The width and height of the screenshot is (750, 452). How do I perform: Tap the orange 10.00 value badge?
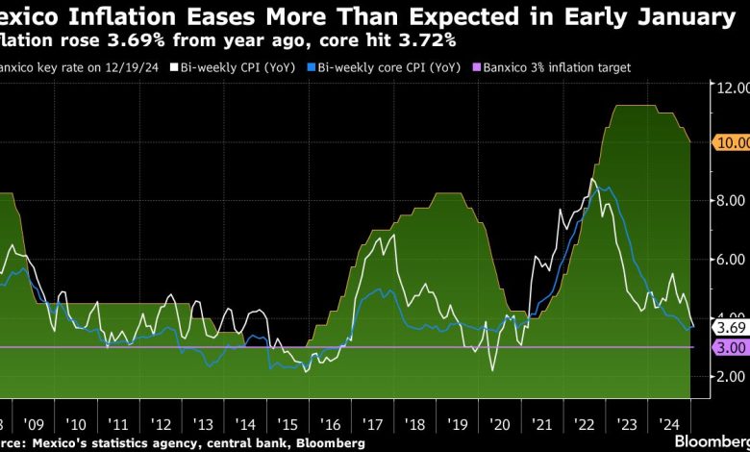[731, 142]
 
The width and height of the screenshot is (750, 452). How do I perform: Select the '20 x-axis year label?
[499, 424]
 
